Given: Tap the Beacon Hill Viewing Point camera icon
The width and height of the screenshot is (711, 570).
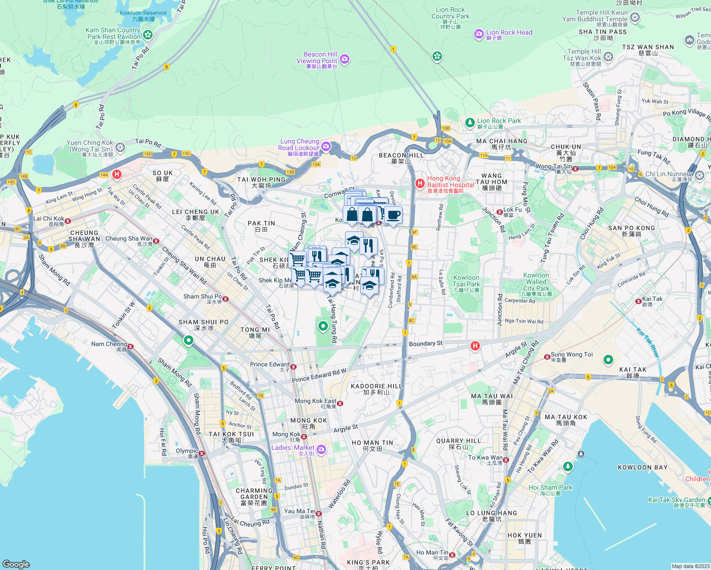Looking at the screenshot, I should coord(345,59).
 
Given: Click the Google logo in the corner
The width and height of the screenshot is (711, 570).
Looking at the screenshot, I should coord(16,564).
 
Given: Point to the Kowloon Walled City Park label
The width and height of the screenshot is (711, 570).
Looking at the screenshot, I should coord(536,284).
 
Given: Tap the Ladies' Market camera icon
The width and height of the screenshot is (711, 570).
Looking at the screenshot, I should coord(321,449).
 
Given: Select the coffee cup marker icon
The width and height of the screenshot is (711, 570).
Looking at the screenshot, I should coord(393,215).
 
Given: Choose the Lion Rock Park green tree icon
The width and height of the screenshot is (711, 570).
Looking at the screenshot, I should coord(470,123).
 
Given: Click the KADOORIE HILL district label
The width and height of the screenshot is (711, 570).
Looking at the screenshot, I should coord(376,389).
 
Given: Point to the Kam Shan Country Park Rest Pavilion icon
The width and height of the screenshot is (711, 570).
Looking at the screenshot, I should coord(148,35).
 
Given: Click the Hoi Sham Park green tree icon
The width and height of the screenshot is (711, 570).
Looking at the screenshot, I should coord(567,467).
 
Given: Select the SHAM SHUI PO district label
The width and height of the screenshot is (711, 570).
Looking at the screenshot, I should coord(203,325).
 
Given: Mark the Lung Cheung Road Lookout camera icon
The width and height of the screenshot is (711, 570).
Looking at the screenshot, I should coord(326,146).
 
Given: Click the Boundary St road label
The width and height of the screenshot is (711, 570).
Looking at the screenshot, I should coord(425,343).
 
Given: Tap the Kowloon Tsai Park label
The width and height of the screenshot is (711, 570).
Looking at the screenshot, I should coord(466,283).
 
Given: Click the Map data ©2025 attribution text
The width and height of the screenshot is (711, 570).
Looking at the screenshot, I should coord(690,566).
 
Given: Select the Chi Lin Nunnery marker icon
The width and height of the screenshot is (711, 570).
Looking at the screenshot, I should coord(700,176).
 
